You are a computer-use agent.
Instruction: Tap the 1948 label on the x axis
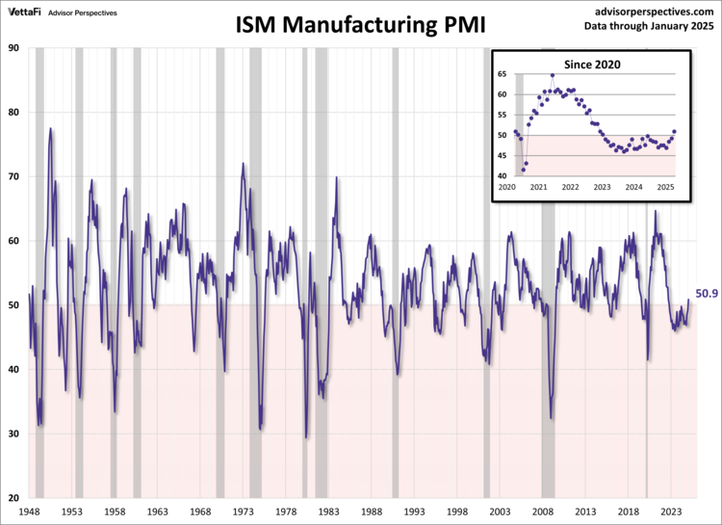click(30, 513)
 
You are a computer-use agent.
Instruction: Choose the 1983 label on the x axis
click(330, 513)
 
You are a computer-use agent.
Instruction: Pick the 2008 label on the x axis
click(545, 513)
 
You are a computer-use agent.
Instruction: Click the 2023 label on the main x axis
click(673, 513)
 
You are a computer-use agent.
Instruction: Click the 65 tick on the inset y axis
click(503, 74)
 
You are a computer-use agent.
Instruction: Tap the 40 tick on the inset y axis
click(503, 176)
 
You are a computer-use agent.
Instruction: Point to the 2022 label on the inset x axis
click(570, 187)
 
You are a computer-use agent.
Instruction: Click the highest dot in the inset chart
click(552, 75)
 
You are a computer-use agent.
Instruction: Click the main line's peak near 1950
click(50, 128)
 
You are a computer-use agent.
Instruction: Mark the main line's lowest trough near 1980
click(306, 437)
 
